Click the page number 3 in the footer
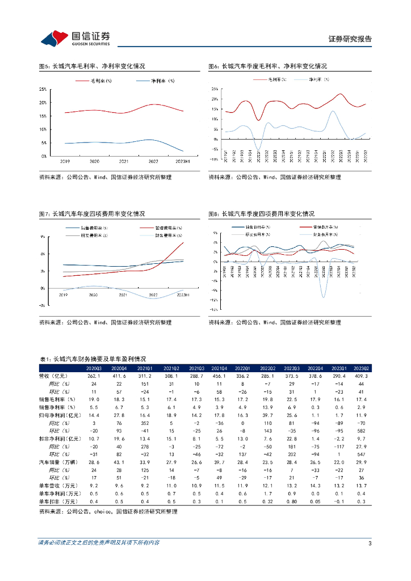pyautogui.click(x=370, y=543)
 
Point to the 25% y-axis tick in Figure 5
pyautogui.click(x=43, y=89)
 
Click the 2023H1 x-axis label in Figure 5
pyautogui.click(x=183, y=162)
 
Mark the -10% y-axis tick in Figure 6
pyautogui.click(x=213, y=159)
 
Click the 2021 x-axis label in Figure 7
pyautogui.click(x=123, y=295)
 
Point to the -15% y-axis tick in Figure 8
pyautogui.click(x=213, y=310)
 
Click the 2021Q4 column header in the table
pyautogui.click(x=219, y=368)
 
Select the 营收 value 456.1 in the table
pyautogui.click(x=219, y=376)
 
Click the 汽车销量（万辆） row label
pyautogui.click(x=57, y=463)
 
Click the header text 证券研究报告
pyautogui.click(x=350, y=39)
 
